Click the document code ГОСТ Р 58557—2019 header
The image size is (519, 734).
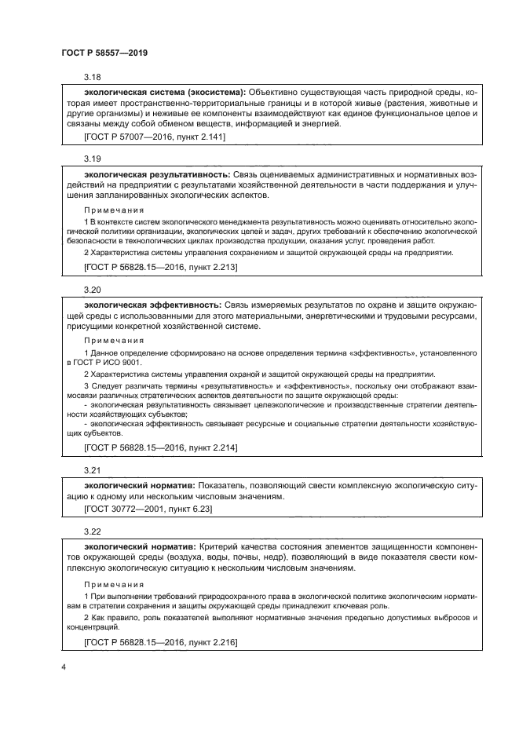[104, 53]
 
